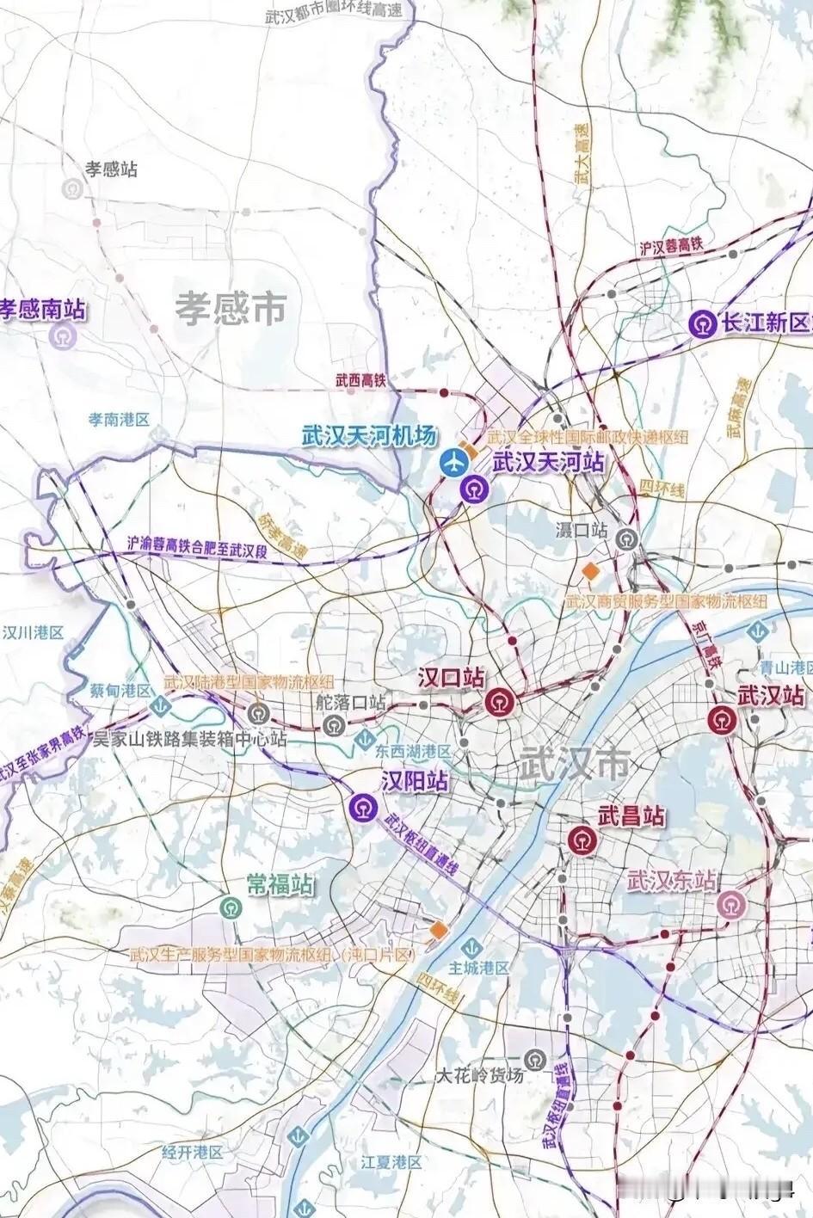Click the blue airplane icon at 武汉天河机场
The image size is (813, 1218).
(453, 462)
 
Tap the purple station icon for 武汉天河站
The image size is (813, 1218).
(473, 489)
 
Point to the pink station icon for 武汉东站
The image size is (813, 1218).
(731, 906)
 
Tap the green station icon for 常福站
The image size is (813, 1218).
(231, 907)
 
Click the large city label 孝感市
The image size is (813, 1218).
(231, 308)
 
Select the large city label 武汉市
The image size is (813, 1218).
(574, 762)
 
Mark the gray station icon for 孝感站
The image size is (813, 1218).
(74, 189)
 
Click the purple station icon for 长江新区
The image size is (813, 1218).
(705, 323)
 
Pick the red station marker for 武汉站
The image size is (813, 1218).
(722, 718)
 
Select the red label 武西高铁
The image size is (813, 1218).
(360, 380)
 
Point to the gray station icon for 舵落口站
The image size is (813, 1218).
(332, 725)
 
